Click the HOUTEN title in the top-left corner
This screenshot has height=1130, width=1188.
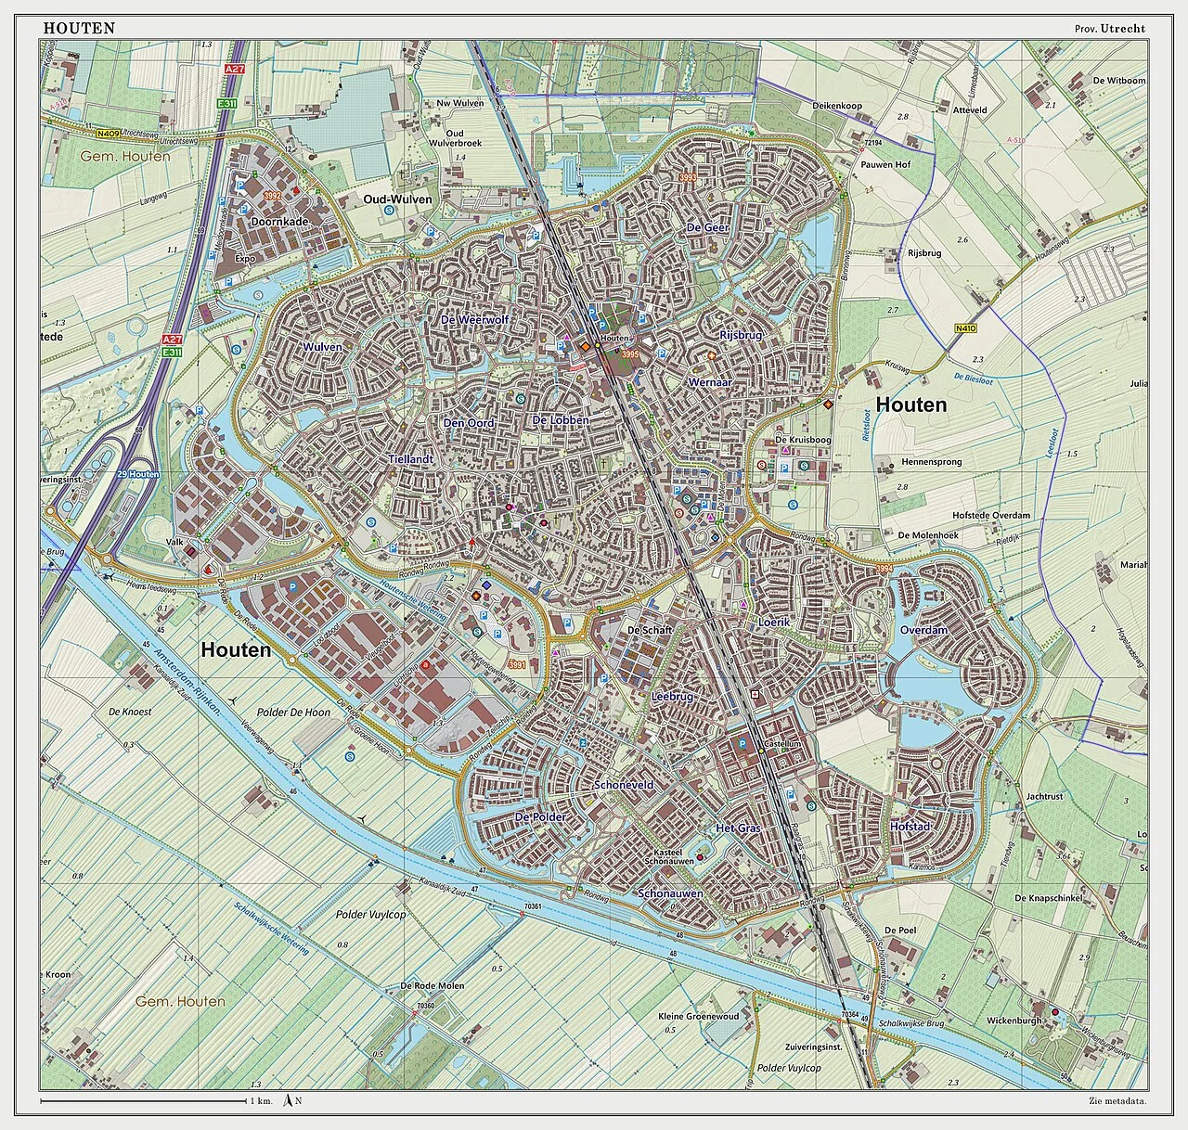pos(79,28)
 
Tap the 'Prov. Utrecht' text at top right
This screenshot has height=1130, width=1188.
pos(1109,28)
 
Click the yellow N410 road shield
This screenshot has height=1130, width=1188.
pos(965,328)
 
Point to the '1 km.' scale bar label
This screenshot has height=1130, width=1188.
pos(261,1101)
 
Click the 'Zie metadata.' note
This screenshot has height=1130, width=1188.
pos(1117,1101)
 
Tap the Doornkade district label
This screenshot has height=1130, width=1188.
pos(278,223)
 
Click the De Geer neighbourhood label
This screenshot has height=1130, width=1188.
pos(707,227)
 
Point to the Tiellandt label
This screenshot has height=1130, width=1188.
pos(411,459)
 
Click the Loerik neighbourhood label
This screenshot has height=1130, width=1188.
pos(773,622)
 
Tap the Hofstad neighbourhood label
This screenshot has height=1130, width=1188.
pos(910,826)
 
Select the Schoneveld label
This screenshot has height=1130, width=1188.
pos(624,785)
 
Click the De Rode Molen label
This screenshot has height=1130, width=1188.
pos(432,985)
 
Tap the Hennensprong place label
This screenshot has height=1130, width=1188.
pos(931,461)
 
